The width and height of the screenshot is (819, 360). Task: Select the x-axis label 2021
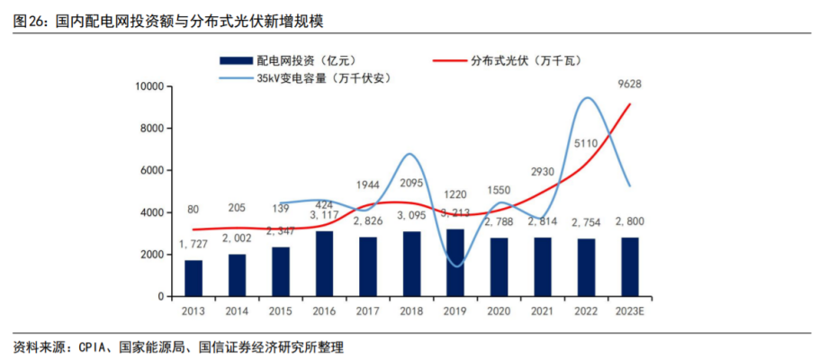click(x=543, y=311)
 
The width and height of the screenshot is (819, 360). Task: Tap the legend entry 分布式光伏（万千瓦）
click(x=513, y=61)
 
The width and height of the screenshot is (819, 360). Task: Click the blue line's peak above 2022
click(x=589, y=97)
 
